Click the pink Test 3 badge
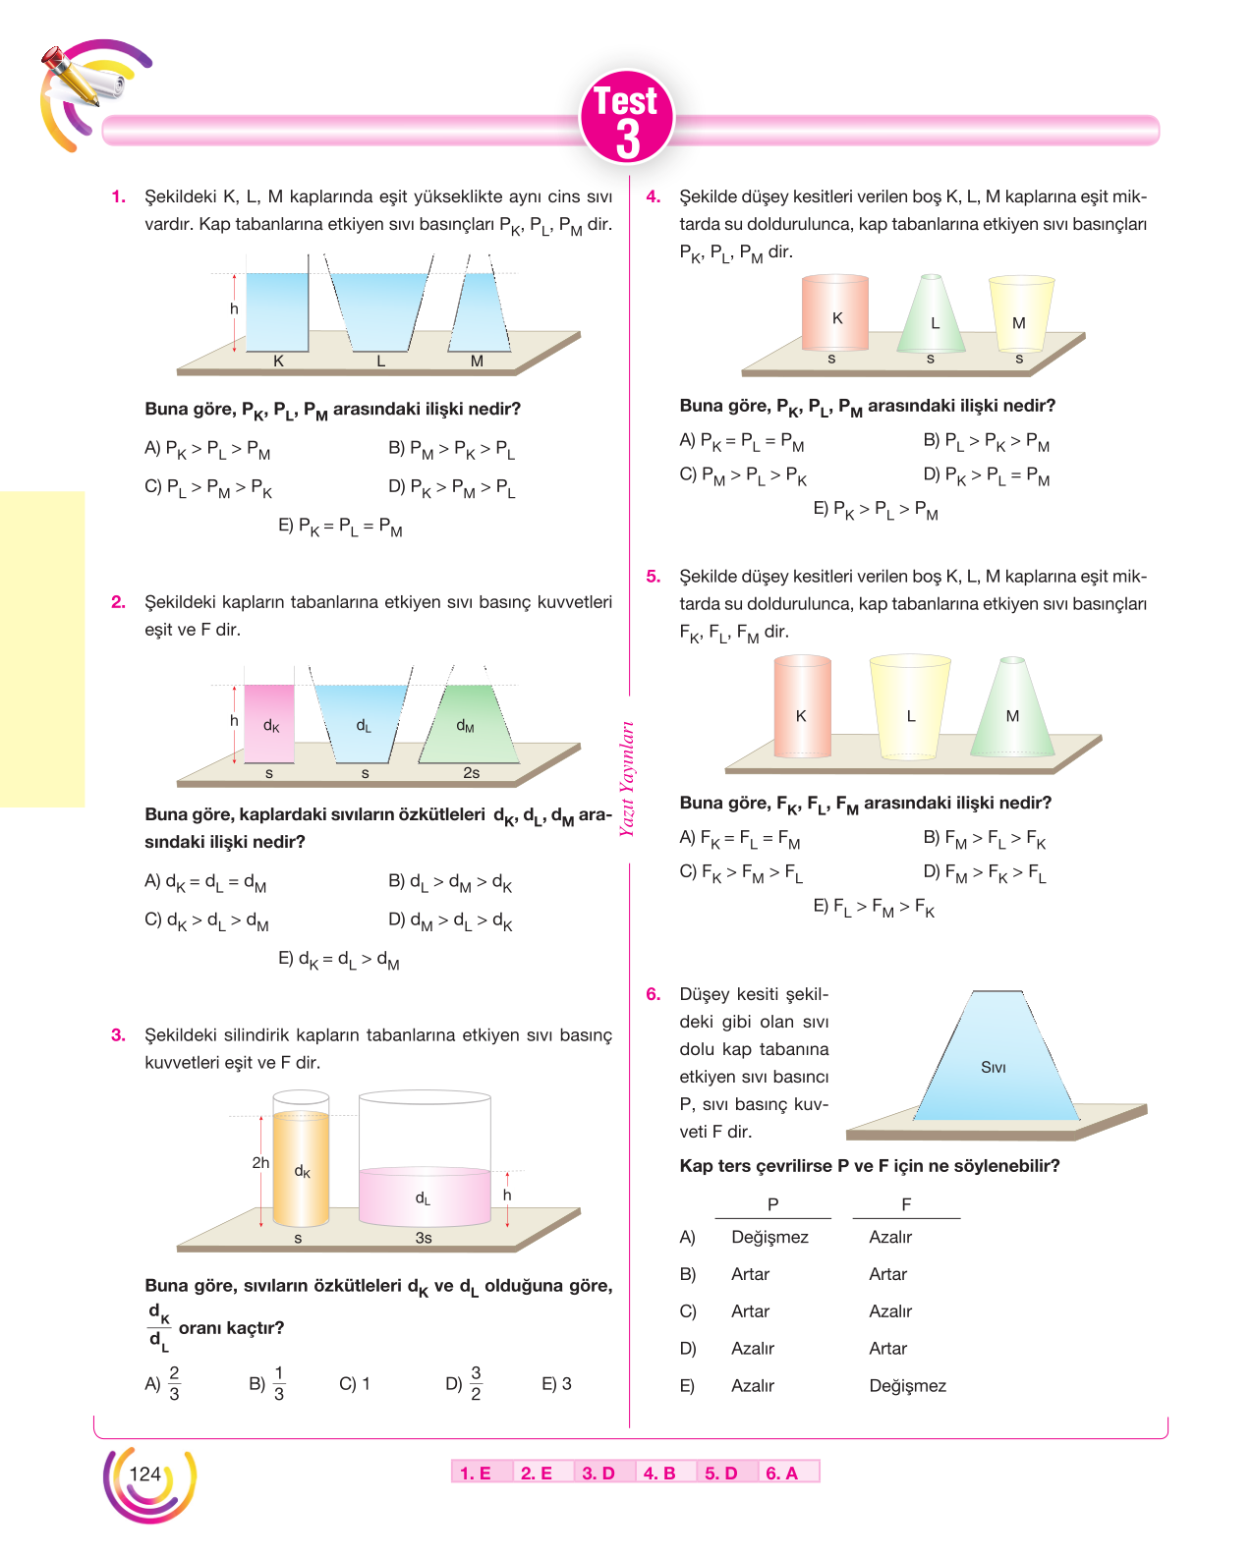click(627, 117)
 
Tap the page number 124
click(144, 1474)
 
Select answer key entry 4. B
click(659, 1473)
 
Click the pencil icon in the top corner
click(71, 77)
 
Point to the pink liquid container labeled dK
click(269, 724)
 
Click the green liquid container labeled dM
click(468, 724)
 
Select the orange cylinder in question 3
click(301, 1169)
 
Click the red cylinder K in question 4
click(835, 313)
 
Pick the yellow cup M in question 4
click(1021, 313)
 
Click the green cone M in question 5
click(1012, 706)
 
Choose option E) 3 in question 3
click(556, 1384)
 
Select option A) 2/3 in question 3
click(162, 1384)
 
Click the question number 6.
click(653, 994)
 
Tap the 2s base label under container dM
click(471, 773)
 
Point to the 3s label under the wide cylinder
click(424, 1238)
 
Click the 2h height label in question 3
click(260, 1163)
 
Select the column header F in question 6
click(906, 1204)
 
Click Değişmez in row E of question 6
click(907, 1386)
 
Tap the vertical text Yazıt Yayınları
click(627, 779)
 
